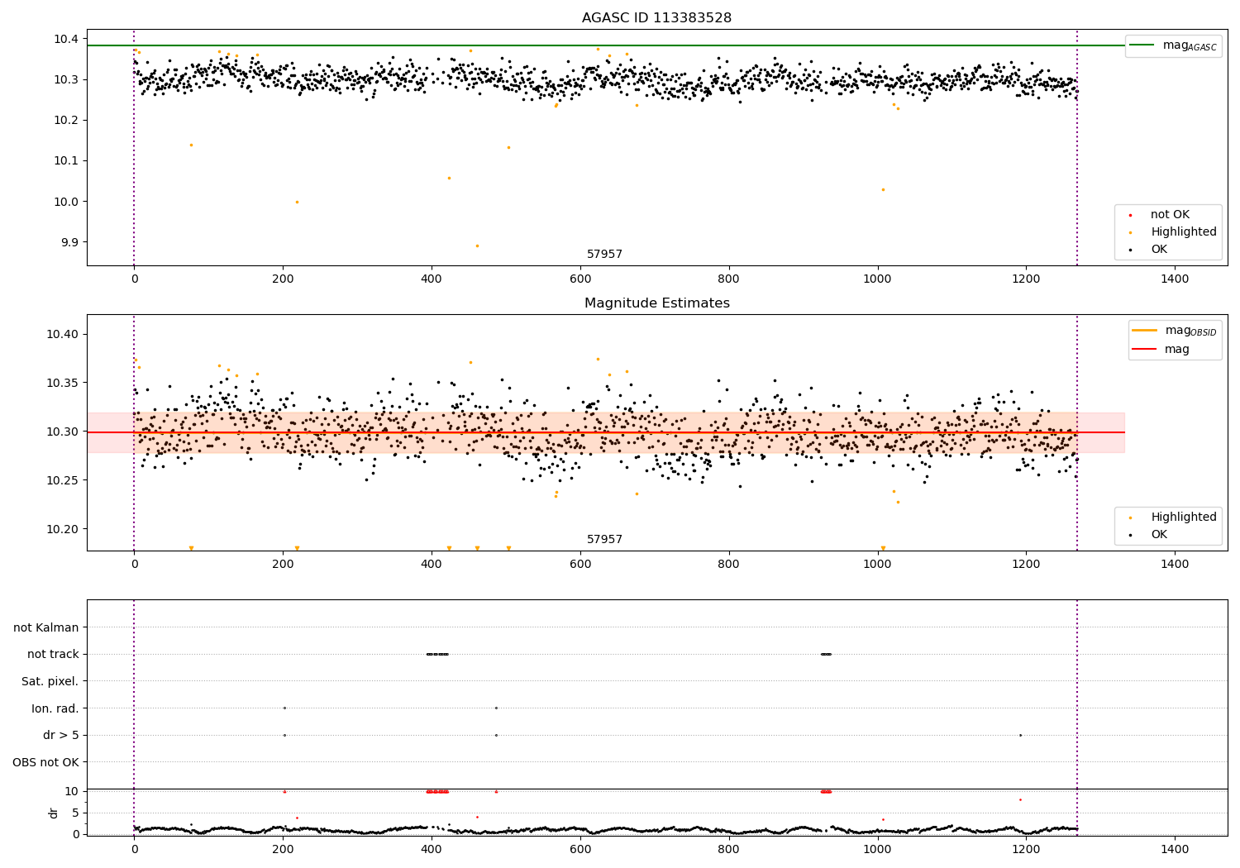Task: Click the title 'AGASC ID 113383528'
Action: pyautogui.click(x=656, y=18)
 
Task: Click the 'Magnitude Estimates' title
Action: pyautogui.click(x=656, y=303)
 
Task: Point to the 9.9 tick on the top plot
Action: pyautogui.click(x=65, y=242)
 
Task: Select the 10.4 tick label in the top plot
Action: pyautogui.click(x=65, y=39)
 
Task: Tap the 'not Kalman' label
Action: pyautogui.click(x=46, y=627)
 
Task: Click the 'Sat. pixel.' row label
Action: pyautogui.click(x=50, y=681)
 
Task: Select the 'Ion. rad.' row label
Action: pyautogui.click(x=55, y=708)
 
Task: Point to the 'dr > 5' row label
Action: pyautogui.click(x=61, y=735)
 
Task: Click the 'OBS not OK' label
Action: pyautogui.click(x=46, y=762)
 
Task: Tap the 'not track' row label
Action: pyautogui.click(x=53, y=654)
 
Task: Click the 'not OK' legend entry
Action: pyautogui.click(x=1170, y=215)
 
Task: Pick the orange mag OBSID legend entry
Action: pyautogui.click(x=1174, y=331)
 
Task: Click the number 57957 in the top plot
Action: pyautogui.click(x=604, y=255)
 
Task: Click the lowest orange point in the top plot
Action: pyautogui.click(x=477, y=246)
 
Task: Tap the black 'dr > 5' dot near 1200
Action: pyautogui.click(x=1020, y=735)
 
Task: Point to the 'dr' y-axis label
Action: pyautogui.click(x=54, y=813)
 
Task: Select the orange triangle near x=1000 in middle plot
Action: pyautogui.click(x=883, y=548)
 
